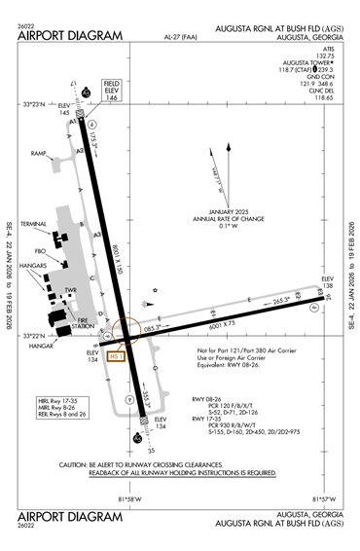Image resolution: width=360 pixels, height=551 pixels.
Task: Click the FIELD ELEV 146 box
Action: (111, 93)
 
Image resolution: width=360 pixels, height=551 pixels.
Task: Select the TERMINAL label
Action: (35, 225)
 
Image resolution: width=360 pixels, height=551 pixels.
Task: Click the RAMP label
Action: (39, 153)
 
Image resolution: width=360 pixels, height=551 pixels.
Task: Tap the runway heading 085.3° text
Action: (153, 329)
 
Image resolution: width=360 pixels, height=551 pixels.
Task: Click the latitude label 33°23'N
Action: (35, 103)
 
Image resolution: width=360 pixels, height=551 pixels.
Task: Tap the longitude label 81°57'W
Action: (321, 499)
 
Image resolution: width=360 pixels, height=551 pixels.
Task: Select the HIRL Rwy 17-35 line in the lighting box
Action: (57, 399)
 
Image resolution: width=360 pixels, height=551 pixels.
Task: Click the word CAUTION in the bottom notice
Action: (79, 464)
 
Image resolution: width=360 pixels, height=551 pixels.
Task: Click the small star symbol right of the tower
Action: (155, 289)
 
